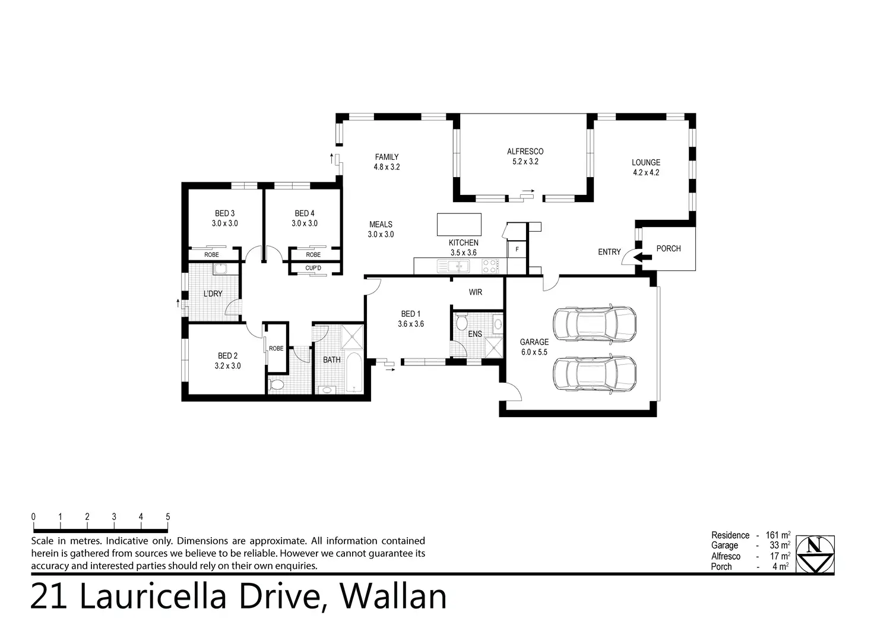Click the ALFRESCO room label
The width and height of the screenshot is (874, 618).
coord(525,152)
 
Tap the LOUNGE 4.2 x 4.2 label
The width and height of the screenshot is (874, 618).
coord(646,168)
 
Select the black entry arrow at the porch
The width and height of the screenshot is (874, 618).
coord(642,257)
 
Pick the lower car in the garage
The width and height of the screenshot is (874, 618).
coord(594,374)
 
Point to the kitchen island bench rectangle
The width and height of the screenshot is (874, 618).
coord(459,225)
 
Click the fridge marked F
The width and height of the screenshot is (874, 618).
coord(517,249)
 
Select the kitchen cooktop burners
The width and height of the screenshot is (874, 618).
coord(490,266)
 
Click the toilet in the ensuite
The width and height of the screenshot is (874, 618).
coord(462,321)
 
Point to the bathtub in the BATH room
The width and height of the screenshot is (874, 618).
coord(354,373)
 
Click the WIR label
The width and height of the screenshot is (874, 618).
coord(475,292)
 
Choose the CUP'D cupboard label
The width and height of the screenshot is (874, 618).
coord(313,268)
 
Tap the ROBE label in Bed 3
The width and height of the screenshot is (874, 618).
coord(211,255)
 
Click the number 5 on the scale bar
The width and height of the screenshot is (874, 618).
coord(168,516)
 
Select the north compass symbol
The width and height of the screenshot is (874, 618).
coord(815,554)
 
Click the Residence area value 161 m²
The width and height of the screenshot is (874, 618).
coord(778,535)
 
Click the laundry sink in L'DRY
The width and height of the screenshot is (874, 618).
coord(220,269)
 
